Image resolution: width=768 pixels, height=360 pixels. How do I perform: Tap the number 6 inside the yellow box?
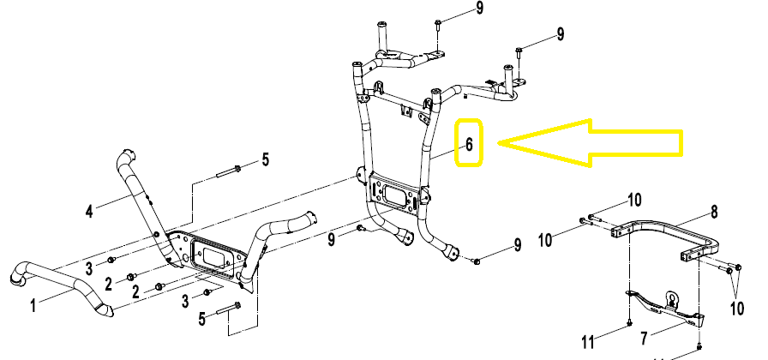pyautogui.click(x=469, y=143)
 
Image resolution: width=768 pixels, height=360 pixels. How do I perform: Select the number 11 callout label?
pyautogui.click(x=587, y=342)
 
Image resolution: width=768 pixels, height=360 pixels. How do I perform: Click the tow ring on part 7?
pyautogui.click(x=672, y=300)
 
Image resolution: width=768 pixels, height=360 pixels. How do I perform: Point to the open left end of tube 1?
pyautogui.click(x=16, y=277)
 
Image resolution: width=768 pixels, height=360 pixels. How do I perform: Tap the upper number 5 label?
pyautogui.click(x=265, y=159)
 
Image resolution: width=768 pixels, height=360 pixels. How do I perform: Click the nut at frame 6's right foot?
pyautogui.click(x=477, y=259)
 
